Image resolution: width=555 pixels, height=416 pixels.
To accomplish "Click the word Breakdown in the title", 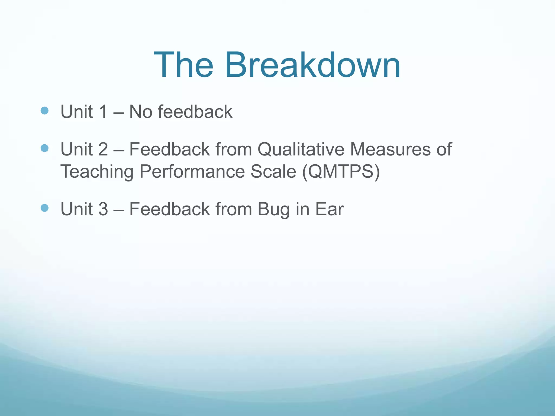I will pos(312,65).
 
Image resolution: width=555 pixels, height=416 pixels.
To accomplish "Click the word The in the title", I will pos(183,65).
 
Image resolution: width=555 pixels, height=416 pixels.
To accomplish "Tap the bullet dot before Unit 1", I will pos(44,110).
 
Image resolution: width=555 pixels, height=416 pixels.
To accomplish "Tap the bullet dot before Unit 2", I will pos(44,148).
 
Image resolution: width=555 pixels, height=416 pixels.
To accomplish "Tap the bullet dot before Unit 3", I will pos(44,208).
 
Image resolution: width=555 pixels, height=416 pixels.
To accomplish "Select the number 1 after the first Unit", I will pos(103,112).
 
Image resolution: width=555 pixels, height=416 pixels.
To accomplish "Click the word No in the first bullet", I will pos(141,112).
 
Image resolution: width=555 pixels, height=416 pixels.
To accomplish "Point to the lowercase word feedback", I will pos(195,112).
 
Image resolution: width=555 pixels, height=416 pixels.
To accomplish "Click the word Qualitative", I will pos(301,149).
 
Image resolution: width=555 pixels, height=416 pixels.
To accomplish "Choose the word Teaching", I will pos(97,172).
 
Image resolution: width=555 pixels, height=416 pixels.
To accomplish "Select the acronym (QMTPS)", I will pos(341,172).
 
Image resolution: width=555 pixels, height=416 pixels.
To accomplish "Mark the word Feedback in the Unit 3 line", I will pos(169,209).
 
